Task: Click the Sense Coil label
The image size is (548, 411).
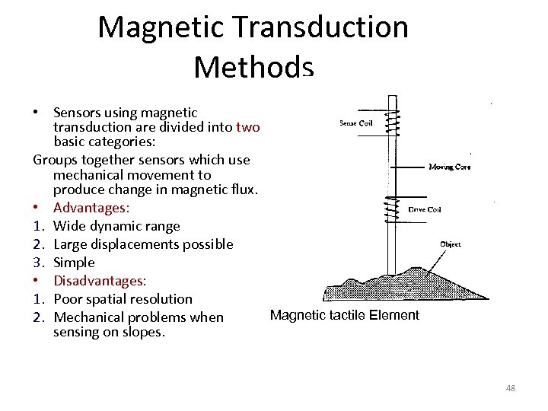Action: point(356,123)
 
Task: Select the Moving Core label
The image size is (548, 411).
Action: point(449,167)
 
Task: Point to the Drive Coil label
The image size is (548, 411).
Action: point(425,209)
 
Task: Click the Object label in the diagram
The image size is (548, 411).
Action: point(450,244)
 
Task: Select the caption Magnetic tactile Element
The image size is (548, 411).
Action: point(345,315)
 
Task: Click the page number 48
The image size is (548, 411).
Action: point(510,388)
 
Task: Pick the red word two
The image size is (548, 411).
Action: point(248,127)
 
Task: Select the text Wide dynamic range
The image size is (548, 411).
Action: point(116,226)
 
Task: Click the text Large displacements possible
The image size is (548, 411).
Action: point(143,244)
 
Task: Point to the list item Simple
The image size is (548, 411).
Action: point(74,263)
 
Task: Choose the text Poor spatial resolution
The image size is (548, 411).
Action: point(123,299)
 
